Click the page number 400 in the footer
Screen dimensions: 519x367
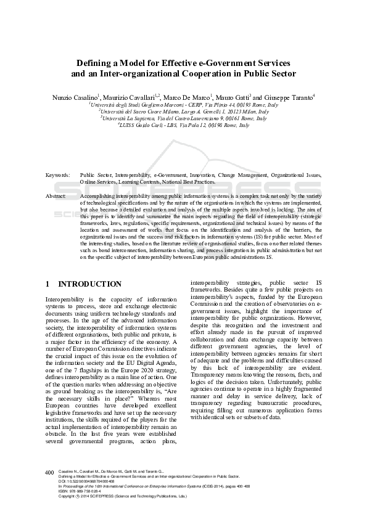coord(49,473)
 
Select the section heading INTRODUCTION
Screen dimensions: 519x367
coord(89,284)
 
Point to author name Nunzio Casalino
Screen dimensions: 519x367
coord(75,97)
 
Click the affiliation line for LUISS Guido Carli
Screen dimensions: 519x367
coord(183,125)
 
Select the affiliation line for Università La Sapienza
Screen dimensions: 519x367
coord(183,118)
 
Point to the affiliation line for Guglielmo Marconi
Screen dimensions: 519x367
coord(183,105)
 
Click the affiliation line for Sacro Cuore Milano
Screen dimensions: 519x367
coord(183,112)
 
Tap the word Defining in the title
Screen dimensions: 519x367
coord(94,63)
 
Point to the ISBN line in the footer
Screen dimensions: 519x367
coord(80,491)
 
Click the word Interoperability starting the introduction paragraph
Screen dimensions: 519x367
coord(64,299)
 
